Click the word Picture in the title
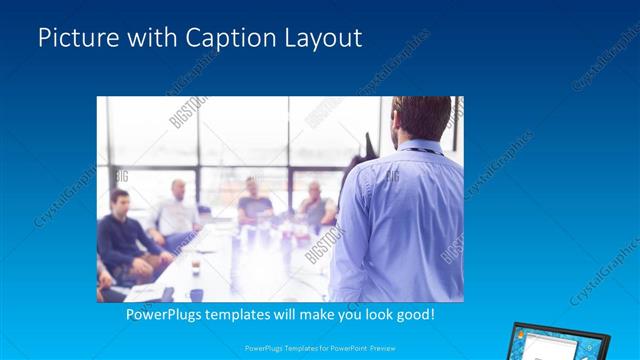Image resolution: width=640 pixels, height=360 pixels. [75, 39]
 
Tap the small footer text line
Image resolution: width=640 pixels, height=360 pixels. [319, 349]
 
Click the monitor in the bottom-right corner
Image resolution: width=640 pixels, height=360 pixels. [545, 342]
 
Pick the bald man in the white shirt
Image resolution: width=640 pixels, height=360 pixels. [178, 210]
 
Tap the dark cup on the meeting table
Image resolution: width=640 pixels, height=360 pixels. [197, 267]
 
